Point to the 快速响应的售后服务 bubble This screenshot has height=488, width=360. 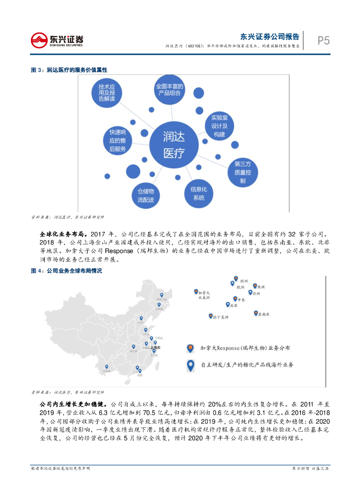pyautogui.click(x=117, y=140)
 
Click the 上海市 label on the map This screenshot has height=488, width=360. pyautogui.click(x=155, y=348)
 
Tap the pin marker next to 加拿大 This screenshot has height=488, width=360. pyautogui.click(x=195, y=292)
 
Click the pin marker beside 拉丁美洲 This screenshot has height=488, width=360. pyautogui.click(x=210, y=315)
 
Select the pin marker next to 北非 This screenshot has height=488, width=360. pyautogui.click(x=227, y=304)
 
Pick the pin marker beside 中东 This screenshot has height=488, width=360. pyautogui.click(x=235, y=299)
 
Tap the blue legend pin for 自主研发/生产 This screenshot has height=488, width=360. pyautogui.click(x=190, y=365)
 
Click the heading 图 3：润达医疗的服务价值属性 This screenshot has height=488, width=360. pyautogui.click(x=69, y=70)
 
